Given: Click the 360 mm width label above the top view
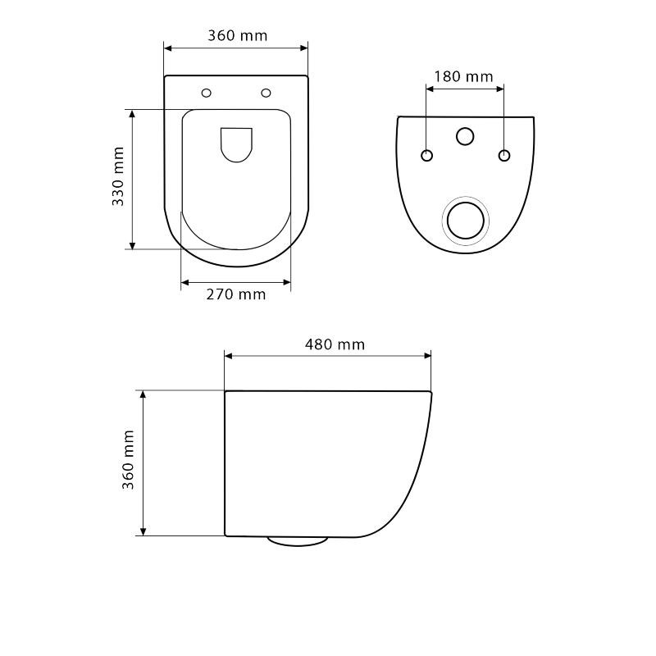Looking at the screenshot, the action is pyautogui.click(x=237, y=35).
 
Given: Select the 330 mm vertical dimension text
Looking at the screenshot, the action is pyautogui.click(x=118, y=176).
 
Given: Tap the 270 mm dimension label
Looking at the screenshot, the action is pyautogui.click(x=236, y=294).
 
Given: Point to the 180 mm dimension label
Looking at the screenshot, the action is pyautogui.click(x=463, y=76).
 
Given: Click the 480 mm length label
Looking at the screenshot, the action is pyautogui.click(x=335, y=344).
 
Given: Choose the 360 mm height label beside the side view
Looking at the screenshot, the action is pyautogui.click(x=128, y=459).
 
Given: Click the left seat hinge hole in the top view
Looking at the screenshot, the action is pyautogui.click(x=207, y=93).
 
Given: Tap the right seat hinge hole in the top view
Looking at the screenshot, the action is pyautogui.click(x=266, y=93).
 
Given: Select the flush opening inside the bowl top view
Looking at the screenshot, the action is pyautogui.click(x=236, y=145).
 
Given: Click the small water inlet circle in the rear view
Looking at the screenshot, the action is pyautogui.click(x=465, y=136).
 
